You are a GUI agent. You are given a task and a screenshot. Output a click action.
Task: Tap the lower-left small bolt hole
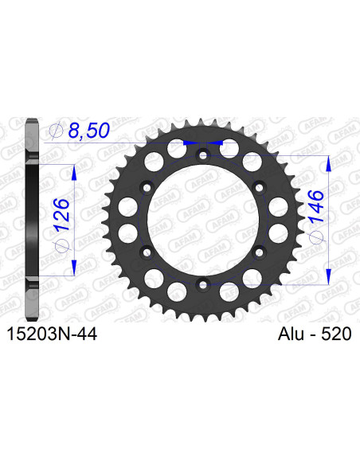(147, 252)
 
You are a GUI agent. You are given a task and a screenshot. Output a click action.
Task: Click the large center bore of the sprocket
(202, 220)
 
